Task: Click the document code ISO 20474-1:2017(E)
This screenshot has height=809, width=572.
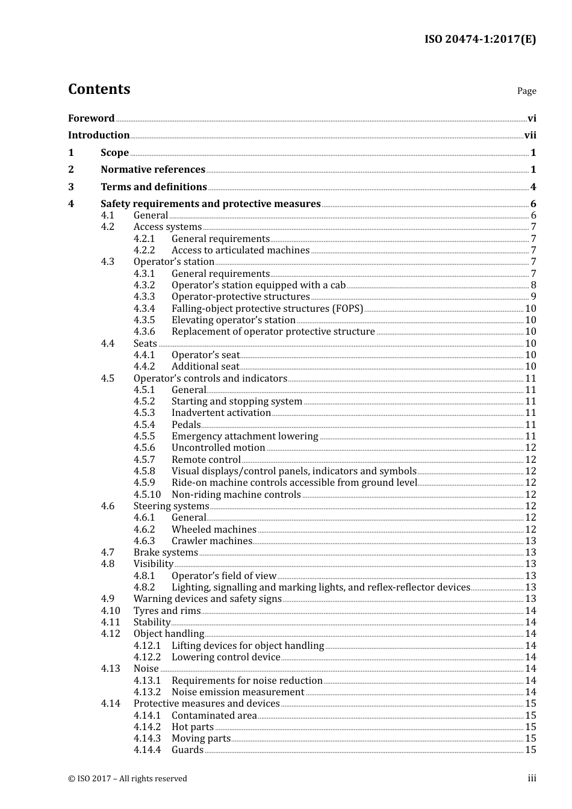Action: pos(480,39)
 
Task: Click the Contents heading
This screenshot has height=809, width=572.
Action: pos(99,89)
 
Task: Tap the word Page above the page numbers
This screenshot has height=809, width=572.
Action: pos(526,91)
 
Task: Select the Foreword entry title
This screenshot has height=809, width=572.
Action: pos(91,119)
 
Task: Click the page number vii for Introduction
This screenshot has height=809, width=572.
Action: pos(530,135)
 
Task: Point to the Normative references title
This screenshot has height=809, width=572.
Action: pos(153,170)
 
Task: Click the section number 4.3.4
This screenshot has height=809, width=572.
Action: pos(144,309)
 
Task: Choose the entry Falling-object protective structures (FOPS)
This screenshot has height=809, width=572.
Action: pos(267,309)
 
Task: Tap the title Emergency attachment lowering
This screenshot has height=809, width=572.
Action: pos(244,436)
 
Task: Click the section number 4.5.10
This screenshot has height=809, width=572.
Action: pos(147,495)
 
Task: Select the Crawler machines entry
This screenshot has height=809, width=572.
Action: pos(211,541)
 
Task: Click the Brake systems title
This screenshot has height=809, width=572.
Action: pos(166,553)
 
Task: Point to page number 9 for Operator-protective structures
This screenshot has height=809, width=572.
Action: pos(533,297)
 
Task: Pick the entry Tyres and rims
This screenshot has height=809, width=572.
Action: pos(167,611)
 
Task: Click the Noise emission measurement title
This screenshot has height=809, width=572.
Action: pos(238,692)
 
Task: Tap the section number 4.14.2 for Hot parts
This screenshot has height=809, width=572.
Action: pos(147,727)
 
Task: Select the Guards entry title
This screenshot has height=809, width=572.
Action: pos(187,750)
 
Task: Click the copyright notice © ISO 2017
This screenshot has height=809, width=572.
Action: pos(128,779)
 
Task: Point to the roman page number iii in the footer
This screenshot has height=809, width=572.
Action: pos(532,778)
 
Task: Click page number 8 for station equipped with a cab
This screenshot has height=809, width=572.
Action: pos(533,285)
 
